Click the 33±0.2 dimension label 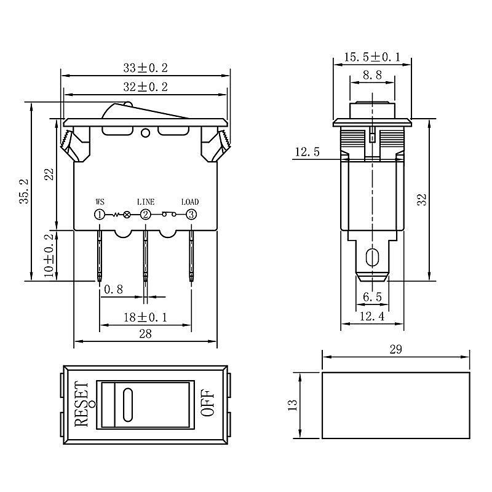point(145,68)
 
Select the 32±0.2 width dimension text point(145,87)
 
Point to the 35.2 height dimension point(24,191)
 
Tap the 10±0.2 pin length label point(49,255)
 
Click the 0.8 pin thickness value point(113,289)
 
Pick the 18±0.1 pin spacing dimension point(145,317)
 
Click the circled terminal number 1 point(100,215)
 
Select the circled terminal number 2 point(145,215)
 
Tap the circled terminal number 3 point(191,215)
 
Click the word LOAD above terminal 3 point(190,202)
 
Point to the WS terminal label point(100,202)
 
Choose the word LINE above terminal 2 point(146,202)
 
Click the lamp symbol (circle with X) point(127,215)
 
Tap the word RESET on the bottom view point(81,404)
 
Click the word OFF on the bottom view point(207,403)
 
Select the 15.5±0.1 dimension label point(373,57)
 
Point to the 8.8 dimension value point(373,75)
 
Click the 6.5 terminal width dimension point(373,297)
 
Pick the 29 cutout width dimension point(395,349)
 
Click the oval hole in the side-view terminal point(372,258)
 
